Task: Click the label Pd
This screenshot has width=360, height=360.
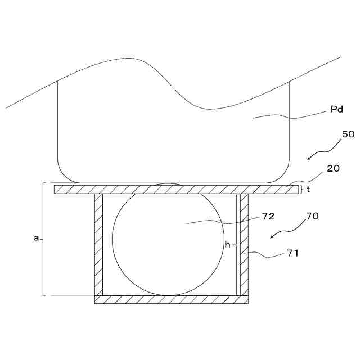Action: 337,111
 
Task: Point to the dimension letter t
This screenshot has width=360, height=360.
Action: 308,190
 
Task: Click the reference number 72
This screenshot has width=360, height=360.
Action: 267,216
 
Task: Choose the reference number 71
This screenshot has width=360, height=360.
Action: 292,253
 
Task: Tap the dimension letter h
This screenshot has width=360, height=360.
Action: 228,245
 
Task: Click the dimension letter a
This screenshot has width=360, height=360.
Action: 36,238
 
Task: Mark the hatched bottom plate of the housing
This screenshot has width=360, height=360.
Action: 171,300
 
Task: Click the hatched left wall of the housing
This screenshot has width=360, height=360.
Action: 98,245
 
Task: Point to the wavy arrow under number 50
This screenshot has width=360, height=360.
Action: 325,151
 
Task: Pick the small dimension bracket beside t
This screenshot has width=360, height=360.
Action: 303,190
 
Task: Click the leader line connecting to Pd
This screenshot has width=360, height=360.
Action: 287,116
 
